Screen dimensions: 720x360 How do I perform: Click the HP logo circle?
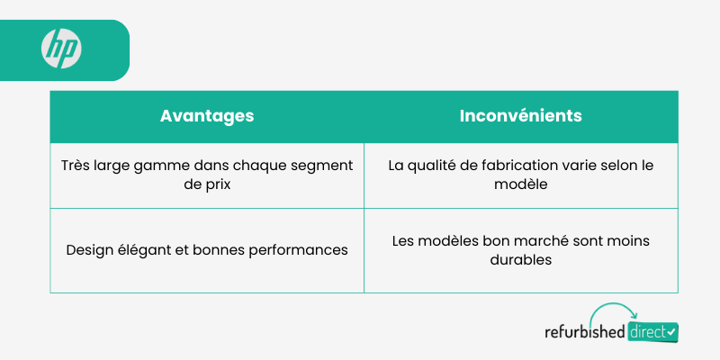pyautogui.click(x=61, y=49)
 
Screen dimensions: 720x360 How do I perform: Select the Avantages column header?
pyautogui.click(x=207, y=116)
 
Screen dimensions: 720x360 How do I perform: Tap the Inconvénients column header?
pyautogui.click(x=521, y=116)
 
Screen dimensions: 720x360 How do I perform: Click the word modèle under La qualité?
pyautogui.click(x=521, y=184)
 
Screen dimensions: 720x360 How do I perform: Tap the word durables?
pyautogui.click(x=521, y=260)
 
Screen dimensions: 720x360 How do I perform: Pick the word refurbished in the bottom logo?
pyautogui.click(x=584, y=331)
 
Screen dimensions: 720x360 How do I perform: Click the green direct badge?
pyautogui.click(x=652, y=332)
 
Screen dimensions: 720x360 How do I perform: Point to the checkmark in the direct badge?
pyautogui.click(x=670, y=331)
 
